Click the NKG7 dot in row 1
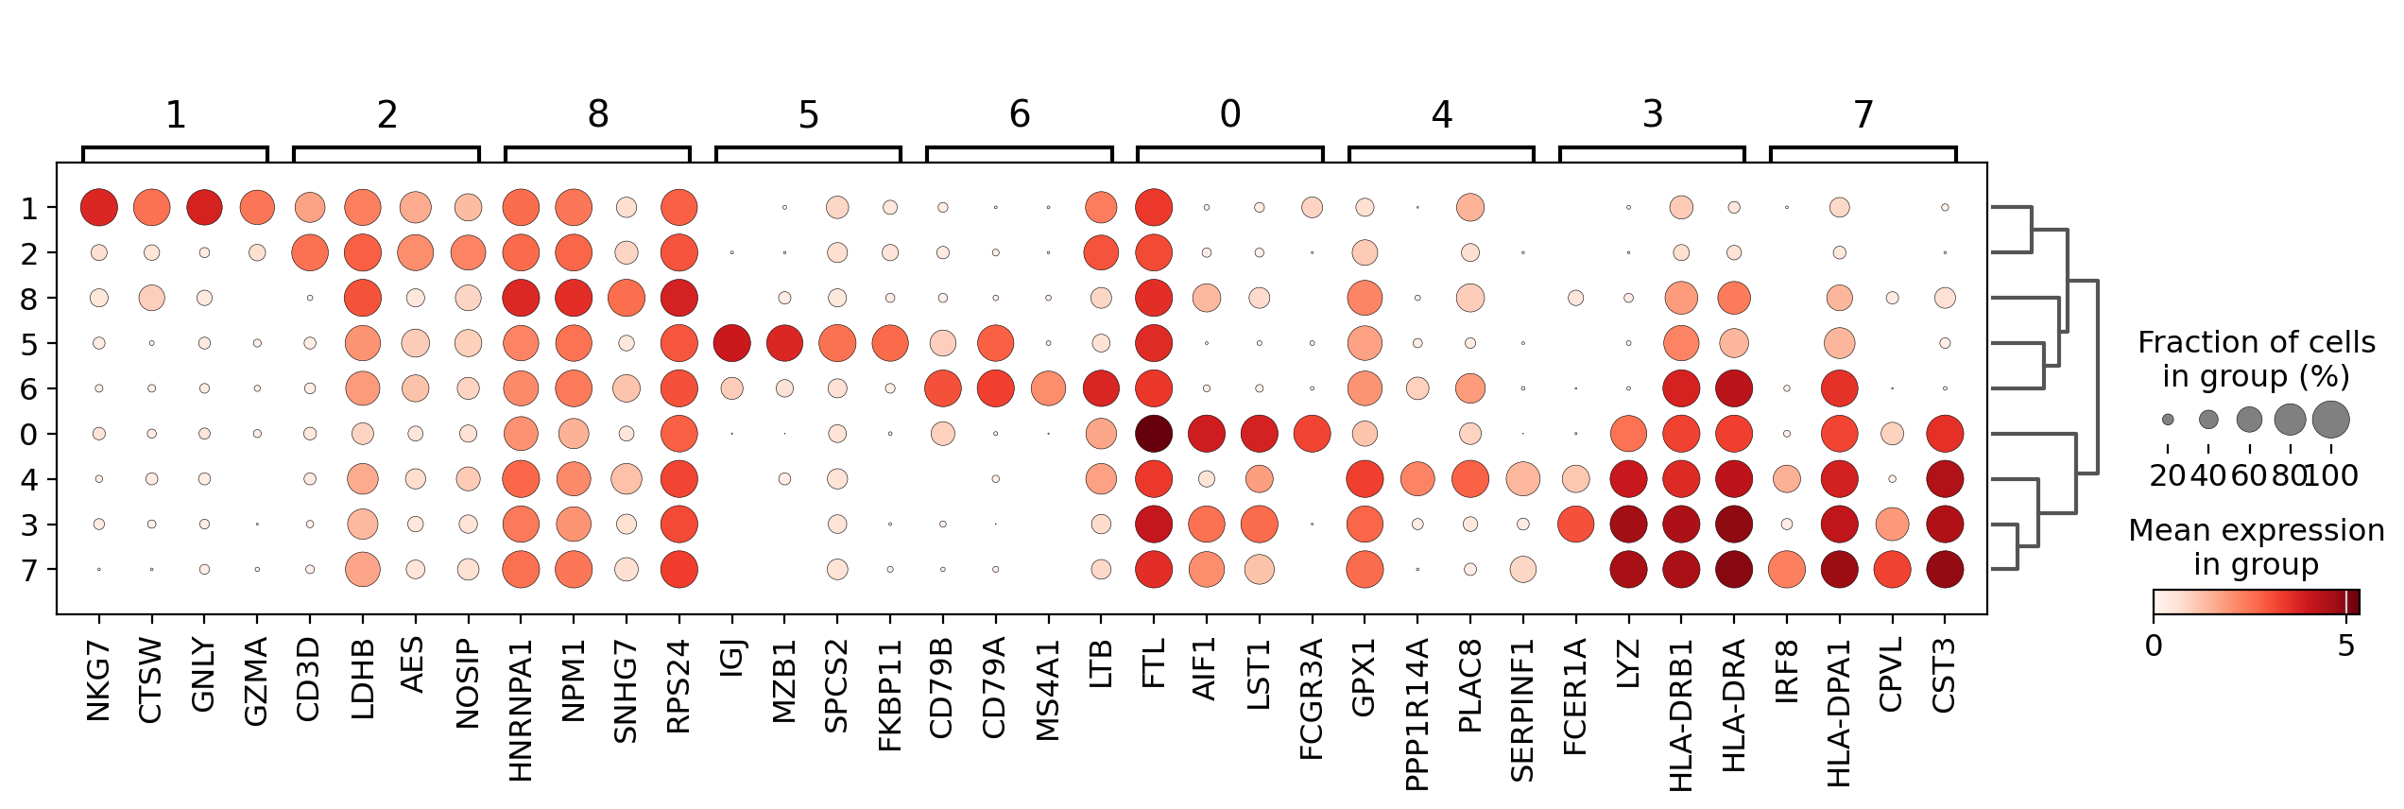tap(99, 207)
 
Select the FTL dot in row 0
tap(1154, 434)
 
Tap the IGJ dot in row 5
tap(731, 343)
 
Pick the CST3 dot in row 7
tap(1945, 570)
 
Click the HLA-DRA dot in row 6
tap(1733, 388)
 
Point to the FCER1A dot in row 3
tap(1575, 525)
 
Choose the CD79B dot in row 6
tap(943, 388)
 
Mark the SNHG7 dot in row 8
tap(627, 298)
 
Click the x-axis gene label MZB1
tap(784, 680)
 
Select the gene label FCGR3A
tap(1312, 699)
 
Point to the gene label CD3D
tap(310, 680)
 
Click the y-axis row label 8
tap(29, 299)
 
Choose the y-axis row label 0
tap(29, 435)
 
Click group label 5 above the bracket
tap(808, 115)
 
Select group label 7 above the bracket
tap(1863, 115)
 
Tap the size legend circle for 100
tap(2331, 420)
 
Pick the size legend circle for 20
tap(2168, 420)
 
